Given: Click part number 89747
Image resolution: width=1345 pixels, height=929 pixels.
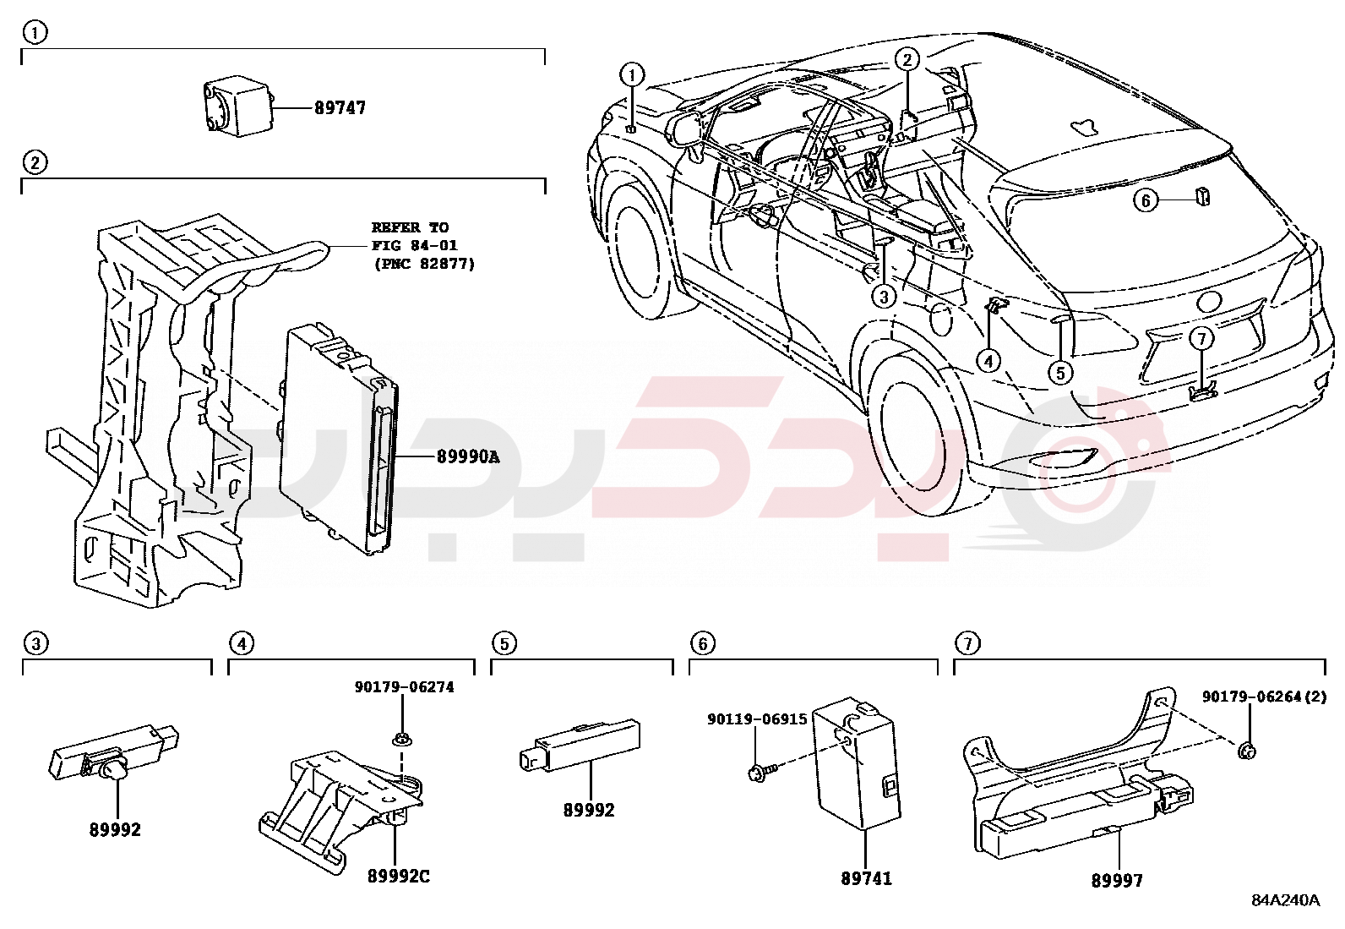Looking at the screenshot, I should click(340, 108).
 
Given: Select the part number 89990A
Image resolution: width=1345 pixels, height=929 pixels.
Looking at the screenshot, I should click(468, 457).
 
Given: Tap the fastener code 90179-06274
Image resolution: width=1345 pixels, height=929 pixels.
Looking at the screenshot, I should click(404, 687).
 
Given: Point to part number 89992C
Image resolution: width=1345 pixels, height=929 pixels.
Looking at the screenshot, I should click(398, 877).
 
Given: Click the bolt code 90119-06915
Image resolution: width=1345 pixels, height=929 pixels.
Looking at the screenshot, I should click(757, 719).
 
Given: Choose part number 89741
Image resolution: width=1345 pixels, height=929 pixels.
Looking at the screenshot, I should click(866, 879).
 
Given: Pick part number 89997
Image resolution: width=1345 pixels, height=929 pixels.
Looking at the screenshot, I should click(1117, 881).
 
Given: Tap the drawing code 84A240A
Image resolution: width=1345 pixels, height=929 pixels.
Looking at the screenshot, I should click(1285, 900).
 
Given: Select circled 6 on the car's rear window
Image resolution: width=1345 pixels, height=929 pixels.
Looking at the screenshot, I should click(1146, 200).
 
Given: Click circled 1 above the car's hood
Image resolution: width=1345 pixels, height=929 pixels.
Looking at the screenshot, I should click(632, 75).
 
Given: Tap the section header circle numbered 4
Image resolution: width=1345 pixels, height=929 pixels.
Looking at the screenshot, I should click(241, 644).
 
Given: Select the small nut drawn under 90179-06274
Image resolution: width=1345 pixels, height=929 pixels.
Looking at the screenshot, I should click(401, 739).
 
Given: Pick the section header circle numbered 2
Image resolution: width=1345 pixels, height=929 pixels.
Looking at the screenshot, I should click(34, 162).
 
